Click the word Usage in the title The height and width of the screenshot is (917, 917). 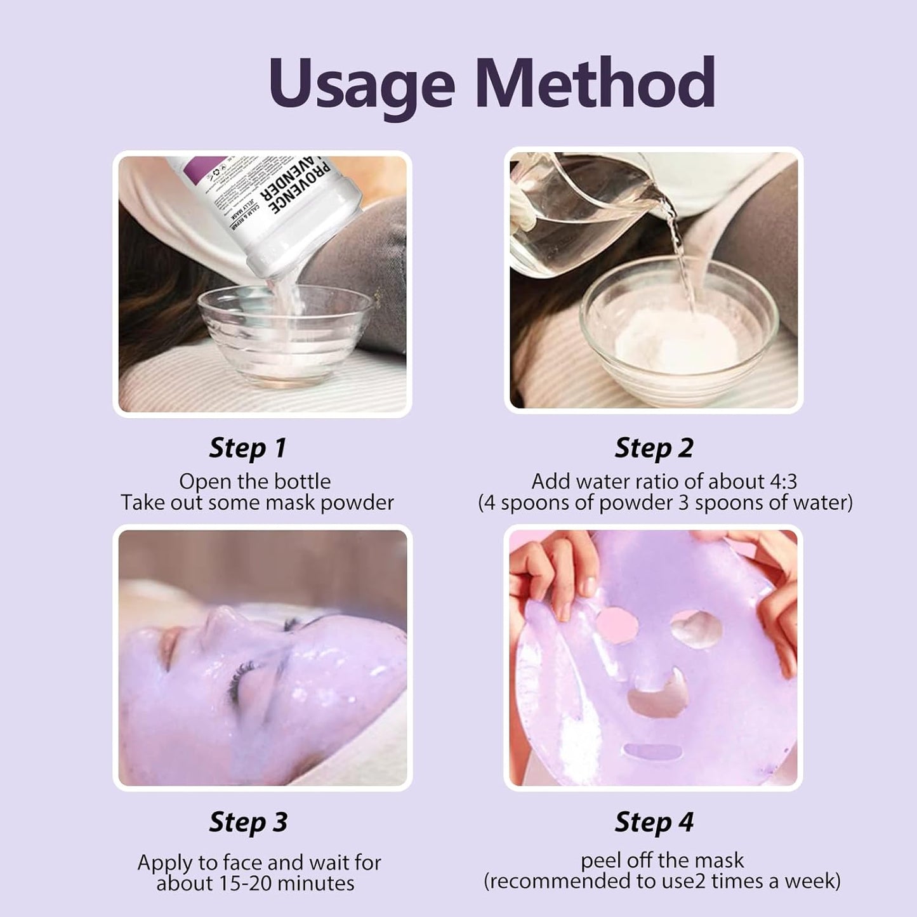click(x=362, y=84)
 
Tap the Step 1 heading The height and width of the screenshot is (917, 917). click(x=247, y=448)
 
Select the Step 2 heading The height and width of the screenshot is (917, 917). click(x=654, y=448)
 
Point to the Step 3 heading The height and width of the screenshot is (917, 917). click(x=247, y=822)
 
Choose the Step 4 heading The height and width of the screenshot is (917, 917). click(x=654, y=822)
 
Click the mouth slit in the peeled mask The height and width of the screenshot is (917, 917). click(x=653, y=753)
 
